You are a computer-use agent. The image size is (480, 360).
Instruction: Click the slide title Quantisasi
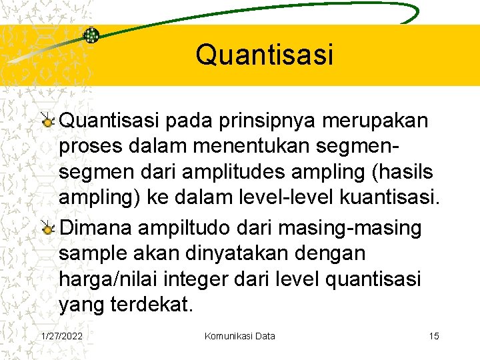(264, 55)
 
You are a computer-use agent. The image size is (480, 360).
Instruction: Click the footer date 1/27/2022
(62, 336)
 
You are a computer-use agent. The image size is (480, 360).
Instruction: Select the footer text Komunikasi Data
(239, 336)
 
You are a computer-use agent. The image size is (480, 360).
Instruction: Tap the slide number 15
(434, 336)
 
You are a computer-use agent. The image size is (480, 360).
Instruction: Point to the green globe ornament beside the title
(91, 35)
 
